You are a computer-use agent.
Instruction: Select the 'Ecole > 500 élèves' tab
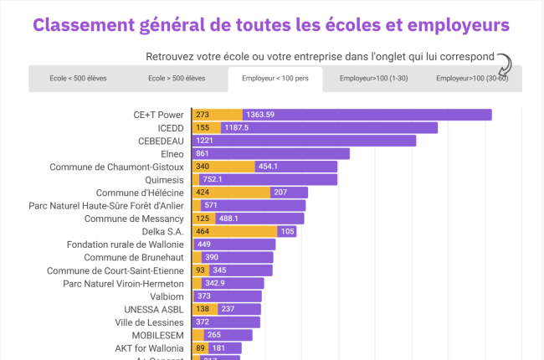(x=177, y=78)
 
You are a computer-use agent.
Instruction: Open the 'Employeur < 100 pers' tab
(x=275, y=78)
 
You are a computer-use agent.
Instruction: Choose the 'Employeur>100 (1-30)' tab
(x=373, y=78)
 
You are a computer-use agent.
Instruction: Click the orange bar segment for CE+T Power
(x=218, y=115)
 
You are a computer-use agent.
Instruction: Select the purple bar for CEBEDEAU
(x=304, y=141)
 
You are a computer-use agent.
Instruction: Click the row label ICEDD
(x=171, y=128)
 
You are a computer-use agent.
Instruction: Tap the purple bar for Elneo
(x=270, y=154)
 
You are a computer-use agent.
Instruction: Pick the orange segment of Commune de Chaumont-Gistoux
(x=223, y=167)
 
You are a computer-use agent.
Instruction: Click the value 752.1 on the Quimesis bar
(x=213, y=179)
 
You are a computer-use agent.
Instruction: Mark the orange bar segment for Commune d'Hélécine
(x=231, y=193)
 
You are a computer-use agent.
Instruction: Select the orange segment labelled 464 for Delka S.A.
(x=234, y=231)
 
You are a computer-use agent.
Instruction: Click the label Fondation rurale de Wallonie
(x=125, y=244)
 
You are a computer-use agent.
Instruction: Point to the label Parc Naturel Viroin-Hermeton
(x=123, y=283)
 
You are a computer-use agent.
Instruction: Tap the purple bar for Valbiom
(x=227, y=296)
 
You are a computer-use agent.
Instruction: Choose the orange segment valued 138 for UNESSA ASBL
(x=205, y=309)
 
